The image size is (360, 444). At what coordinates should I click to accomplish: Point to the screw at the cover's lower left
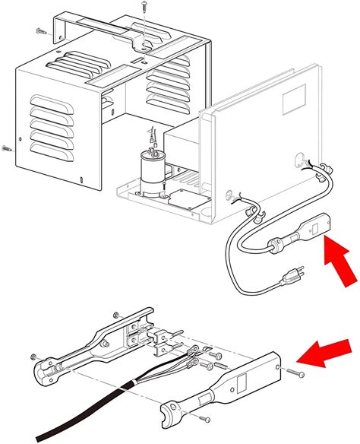point(7,147)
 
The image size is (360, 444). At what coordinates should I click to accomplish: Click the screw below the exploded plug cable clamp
point(204,419)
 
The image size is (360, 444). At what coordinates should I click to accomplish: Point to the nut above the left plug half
point(115,315)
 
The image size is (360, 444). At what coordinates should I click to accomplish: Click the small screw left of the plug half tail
point(33,357)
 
